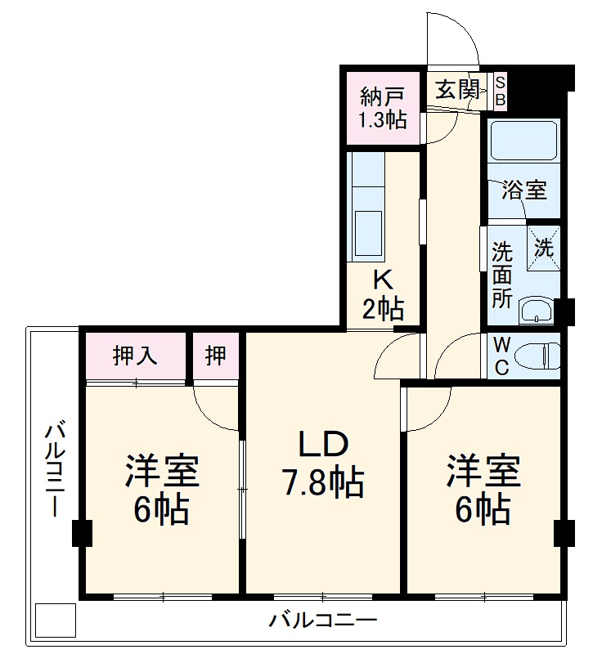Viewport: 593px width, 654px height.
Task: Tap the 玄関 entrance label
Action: coord(456,90)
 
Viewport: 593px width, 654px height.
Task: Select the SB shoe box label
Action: coord(501,91)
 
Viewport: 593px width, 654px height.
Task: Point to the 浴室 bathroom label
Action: coord(523,190)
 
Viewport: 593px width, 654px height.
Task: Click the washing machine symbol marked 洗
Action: coord(544,245)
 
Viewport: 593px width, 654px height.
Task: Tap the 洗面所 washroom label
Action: coord(501,275)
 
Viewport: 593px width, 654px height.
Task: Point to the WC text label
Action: coord(501,356)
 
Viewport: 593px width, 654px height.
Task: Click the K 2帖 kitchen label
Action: coord(383,295)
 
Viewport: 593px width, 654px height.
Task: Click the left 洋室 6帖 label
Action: coord(163,491)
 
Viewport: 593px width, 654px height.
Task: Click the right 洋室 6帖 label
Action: coord(483,491)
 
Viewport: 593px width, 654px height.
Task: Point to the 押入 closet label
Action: coord(136,356)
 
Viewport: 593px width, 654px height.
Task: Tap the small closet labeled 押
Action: coord(215,356)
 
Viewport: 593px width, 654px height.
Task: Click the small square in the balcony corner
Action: coord(56,620)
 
